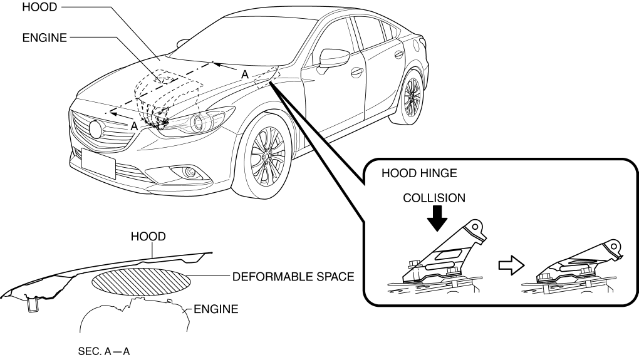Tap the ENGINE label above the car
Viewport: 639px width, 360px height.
tap(44, 38)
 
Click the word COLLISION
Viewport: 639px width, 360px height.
tap(434, 198)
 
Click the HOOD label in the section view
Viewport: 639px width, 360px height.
tap(148, 237)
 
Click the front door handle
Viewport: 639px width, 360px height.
tap(356, 71)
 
